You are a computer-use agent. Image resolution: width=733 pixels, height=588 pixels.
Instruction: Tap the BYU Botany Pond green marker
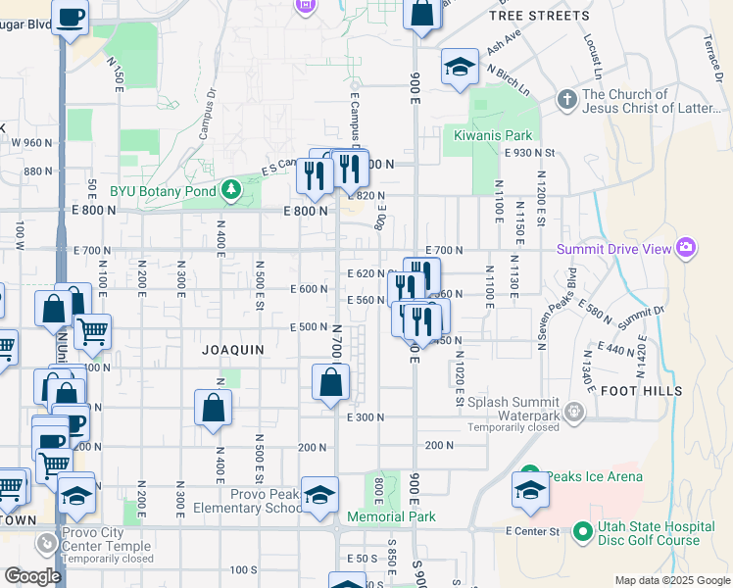[x=230, y=188]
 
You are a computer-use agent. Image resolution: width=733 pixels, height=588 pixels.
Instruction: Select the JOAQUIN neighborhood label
[x=233, y=349]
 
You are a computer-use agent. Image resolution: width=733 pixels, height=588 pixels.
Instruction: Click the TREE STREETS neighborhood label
[x=539, y=16]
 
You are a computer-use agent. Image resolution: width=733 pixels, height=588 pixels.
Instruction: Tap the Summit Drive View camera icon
[x=685, y=249]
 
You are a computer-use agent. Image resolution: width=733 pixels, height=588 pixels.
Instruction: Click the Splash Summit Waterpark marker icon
[x=575, y=412]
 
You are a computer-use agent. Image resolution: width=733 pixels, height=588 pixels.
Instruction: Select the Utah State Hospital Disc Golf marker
[x=582, y=532]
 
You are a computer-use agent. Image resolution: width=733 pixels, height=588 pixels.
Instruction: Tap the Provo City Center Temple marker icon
[x=46, y=541]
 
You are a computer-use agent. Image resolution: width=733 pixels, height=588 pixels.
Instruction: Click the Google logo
[x=32, y=576]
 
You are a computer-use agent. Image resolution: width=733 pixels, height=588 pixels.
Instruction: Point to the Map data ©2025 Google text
[x=672, y=581]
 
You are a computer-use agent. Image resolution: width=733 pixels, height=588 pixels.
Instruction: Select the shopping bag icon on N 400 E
[x=213, y=409]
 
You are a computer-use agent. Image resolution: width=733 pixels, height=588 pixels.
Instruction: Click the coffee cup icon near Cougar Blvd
[x=71, y=17]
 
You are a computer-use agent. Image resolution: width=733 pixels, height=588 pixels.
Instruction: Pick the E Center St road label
[x=532, y=531]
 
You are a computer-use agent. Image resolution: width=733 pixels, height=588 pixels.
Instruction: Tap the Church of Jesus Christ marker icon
[x=567, y=100]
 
